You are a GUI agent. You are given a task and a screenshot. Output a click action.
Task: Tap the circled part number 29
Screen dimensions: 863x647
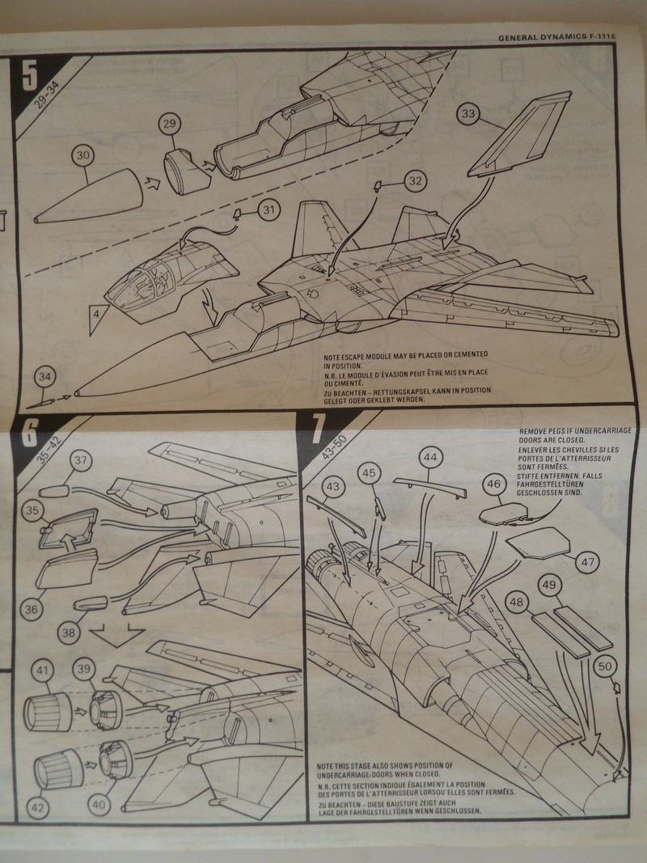click(169, 125)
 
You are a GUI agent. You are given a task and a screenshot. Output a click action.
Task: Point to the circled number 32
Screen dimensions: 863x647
click(415, 181)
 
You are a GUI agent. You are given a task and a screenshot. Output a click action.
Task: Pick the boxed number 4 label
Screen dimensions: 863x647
click(96, 311)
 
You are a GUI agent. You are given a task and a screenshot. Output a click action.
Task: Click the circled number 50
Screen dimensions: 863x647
click(605, 668)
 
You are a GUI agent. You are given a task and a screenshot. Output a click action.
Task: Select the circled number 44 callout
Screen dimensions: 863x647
click(430, 458)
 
